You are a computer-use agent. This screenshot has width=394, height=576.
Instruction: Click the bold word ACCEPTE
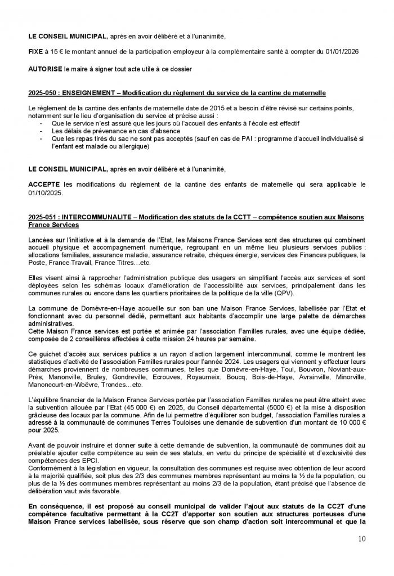(x=45, y=184)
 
